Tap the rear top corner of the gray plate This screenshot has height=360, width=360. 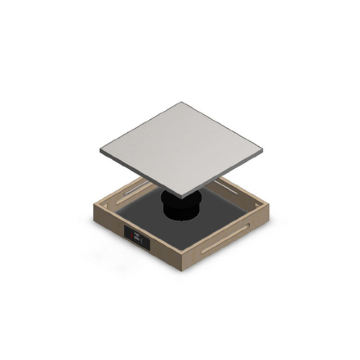point(182,103)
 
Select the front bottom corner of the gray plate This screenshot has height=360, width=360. point(182,198)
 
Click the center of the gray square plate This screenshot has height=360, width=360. point(181,148)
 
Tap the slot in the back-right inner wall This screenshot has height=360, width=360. point(234,189)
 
